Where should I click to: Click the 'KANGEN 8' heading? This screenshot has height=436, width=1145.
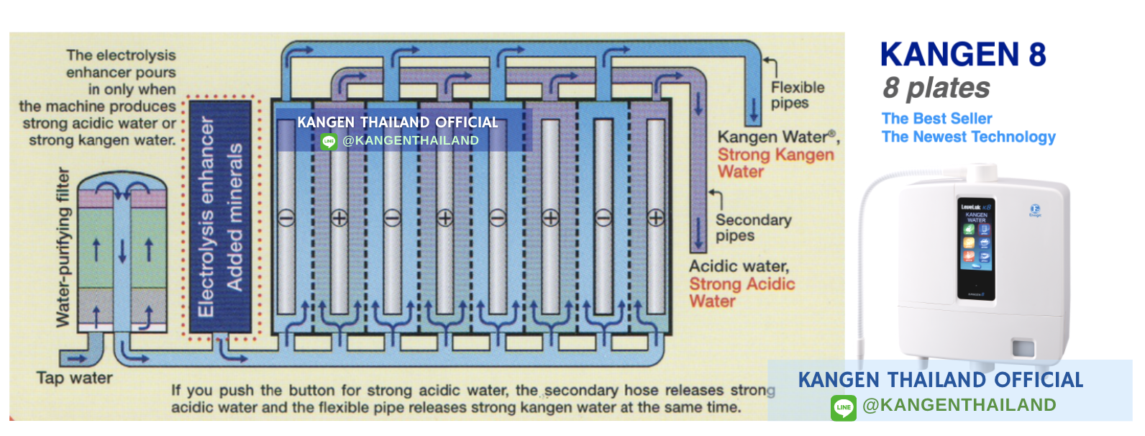click(962, 55)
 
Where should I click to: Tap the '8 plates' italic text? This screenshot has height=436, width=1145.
click(936, 88)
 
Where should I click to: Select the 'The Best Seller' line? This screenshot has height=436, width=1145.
click(936, 119)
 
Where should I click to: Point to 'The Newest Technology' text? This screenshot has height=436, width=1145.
click(968, 137)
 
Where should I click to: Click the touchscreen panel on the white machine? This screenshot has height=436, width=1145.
click(976, 248)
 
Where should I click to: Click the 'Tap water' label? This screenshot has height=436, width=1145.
click(74, 378)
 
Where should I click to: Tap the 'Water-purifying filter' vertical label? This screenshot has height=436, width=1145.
click(63, 247)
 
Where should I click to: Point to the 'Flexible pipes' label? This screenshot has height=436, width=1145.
click(797, 95)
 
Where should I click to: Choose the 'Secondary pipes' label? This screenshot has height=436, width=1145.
click(752, 227)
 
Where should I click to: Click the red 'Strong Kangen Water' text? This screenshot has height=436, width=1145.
click(775, 163)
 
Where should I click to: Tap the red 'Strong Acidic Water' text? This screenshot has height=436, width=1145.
click(742, 292)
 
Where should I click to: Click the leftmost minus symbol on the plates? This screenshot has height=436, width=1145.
click(286, 218)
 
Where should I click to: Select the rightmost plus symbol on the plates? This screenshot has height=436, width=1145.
click(656, 218)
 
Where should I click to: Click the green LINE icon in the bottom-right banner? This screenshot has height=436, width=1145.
click(843, 407)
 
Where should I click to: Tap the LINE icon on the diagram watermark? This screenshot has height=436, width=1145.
click(329, 141)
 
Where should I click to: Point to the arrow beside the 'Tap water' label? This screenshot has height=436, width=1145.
click(76, 358)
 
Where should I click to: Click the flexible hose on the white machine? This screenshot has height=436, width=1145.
click(870, 216)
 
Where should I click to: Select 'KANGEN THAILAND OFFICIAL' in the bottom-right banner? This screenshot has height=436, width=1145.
click(940, 380)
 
